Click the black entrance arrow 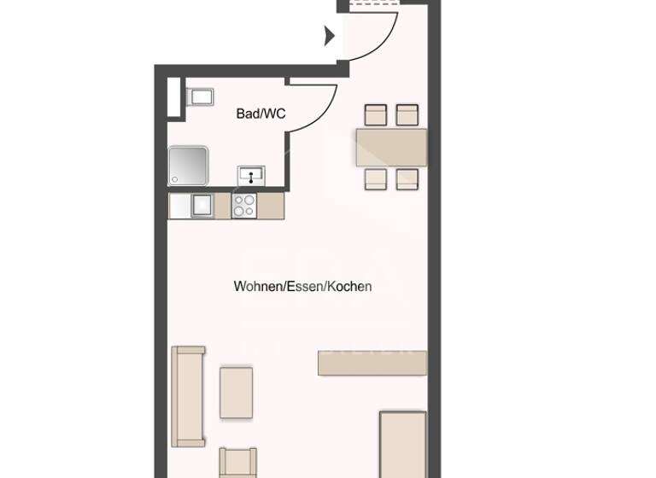click(x=330, y=37)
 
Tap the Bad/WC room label click(x=261, y=114)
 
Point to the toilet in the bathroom click(x=199, y=96)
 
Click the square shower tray click(x=187, y=166)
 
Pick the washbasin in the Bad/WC click(x=251, y=175)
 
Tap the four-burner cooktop click(x=244, y=206)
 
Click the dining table click(x=391, y=147)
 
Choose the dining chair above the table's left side click(x=376, y=115)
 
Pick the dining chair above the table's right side click(x=407, y=115)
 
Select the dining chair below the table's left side click(x=376, y=178)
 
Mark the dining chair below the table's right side click(x=407, y=178)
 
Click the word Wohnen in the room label click(x=258, y=287)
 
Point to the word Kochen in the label click(x=351, y=287)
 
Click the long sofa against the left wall click(x=188, y=396)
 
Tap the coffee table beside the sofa click(x=236, y=393)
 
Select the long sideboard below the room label click(x=372, y=362)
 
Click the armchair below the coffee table click(x=237, y=463)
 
